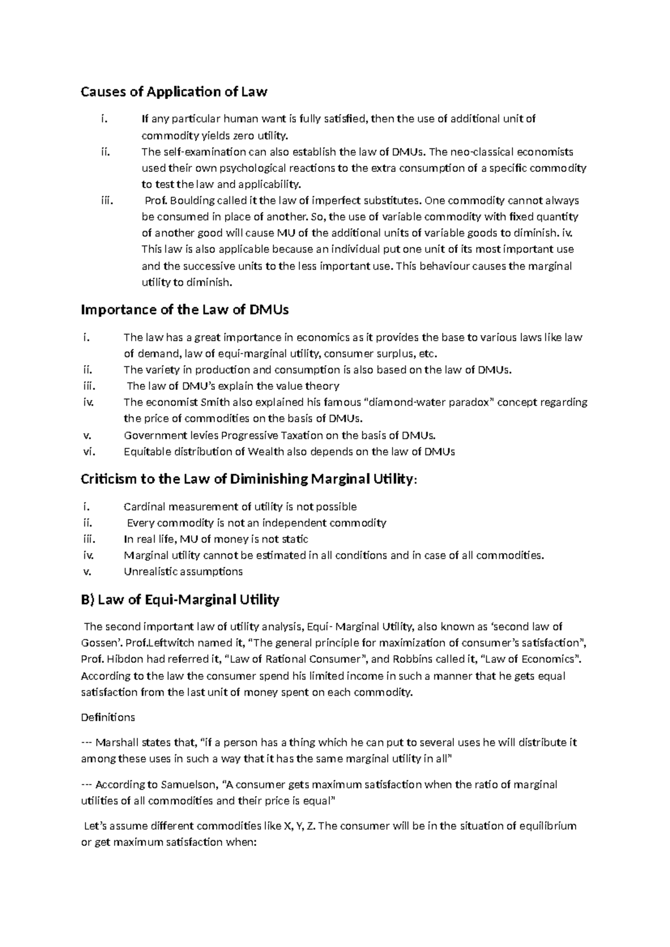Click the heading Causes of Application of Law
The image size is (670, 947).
coord(174,92)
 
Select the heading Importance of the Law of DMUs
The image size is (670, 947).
coord(185,309)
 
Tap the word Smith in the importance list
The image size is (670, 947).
coord(215,402)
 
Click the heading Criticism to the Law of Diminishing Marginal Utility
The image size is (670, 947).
coord(248,479)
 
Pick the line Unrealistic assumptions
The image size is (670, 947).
coord(183,571)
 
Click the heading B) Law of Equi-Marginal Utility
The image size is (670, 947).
coord(180,600)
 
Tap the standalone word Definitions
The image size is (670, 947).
coord(108,717)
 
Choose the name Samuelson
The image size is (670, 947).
coord(187,785)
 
